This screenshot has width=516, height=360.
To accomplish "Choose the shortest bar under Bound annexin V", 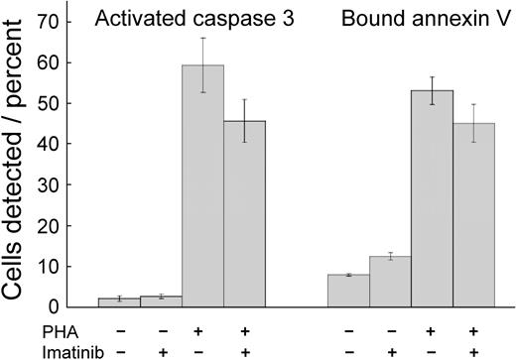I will click(x=348, y=291).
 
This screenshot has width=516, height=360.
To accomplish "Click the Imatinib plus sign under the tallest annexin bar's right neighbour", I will click(x=473, y=350).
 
